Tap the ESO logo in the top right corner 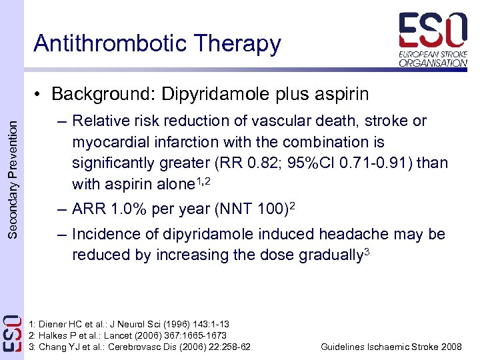coord(433,39)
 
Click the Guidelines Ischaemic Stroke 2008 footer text coord(391,347)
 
